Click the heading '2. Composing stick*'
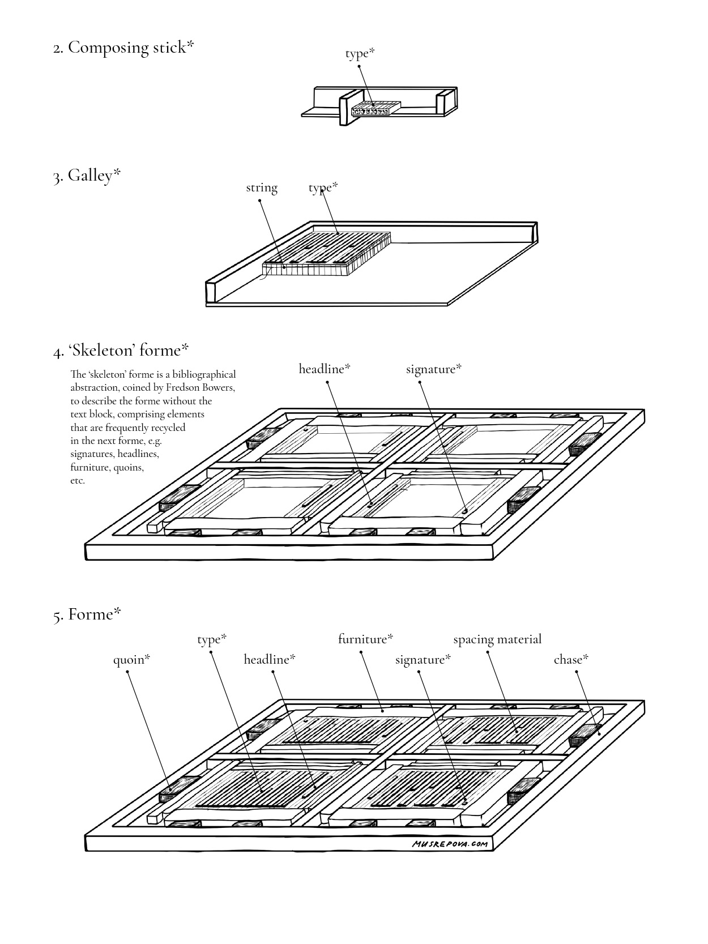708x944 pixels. [x=123, y=48]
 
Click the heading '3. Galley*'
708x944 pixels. [x=87, y=176]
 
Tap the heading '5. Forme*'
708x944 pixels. [x=87, y=614]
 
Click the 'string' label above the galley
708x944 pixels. [x=262, y=188]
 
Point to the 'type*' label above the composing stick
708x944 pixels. [x=360, y=53]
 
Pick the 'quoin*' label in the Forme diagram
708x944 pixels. [x=131, y=660]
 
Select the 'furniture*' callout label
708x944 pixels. [x=365, y=639]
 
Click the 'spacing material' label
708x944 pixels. [x=497, y=639]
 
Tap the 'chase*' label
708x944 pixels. [x=571, y=660]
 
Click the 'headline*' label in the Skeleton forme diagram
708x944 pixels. [x=325, y=369]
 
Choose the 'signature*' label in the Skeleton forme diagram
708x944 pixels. [x=434, y=369]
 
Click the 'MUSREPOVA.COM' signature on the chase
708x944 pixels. [x=450, y=844]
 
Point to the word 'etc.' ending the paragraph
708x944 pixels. [x=78, y=481]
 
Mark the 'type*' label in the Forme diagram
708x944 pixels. [x=212, y=639]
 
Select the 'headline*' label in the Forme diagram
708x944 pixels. [x=270, y=660]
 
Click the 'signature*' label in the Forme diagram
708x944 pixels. [x=423, y=660]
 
